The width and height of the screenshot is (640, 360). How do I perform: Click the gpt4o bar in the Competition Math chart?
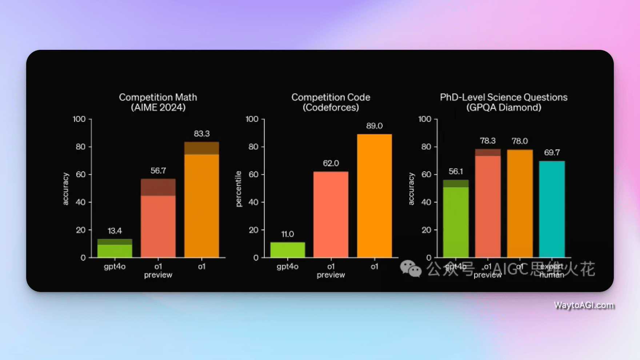point(115,248)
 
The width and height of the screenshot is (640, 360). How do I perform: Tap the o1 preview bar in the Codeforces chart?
point(331,214)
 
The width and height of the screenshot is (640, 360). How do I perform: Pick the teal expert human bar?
point(552,209)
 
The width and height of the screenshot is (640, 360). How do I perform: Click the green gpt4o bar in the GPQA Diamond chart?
point(456,219)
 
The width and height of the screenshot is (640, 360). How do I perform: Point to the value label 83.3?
point(201,133)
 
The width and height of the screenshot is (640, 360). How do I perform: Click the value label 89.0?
point(374,126)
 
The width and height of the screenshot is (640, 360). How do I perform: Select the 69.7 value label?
point(552,152)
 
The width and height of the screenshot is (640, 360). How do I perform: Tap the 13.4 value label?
point(115,231)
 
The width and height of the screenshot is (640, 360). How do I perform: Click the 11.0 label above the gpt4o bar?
point(287,234)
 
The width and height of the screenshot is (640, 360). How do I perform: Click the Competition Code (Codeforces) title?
point(331,102)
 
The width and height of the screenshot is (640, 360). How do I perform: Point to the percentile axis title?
point(239,189)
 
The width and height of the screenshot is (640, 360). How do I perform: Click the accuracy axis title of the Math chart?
point(65,189)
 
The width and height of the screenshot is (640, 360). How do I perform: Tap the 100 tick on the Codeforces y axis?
point(252,119)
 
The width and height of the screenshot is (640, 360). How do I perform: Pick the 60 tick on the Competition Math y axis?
point(80,174)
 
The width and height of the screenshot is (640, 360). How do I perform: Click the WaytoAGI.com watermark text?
point(584,305)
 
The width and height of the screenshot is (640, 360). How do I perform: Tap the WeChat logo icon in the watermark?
point(411,269)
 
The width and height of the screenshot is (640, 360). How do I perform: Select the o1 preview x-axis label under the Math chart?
point(158,271)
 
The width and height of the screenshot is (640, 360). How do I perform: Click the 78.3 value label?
point(487,141)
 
